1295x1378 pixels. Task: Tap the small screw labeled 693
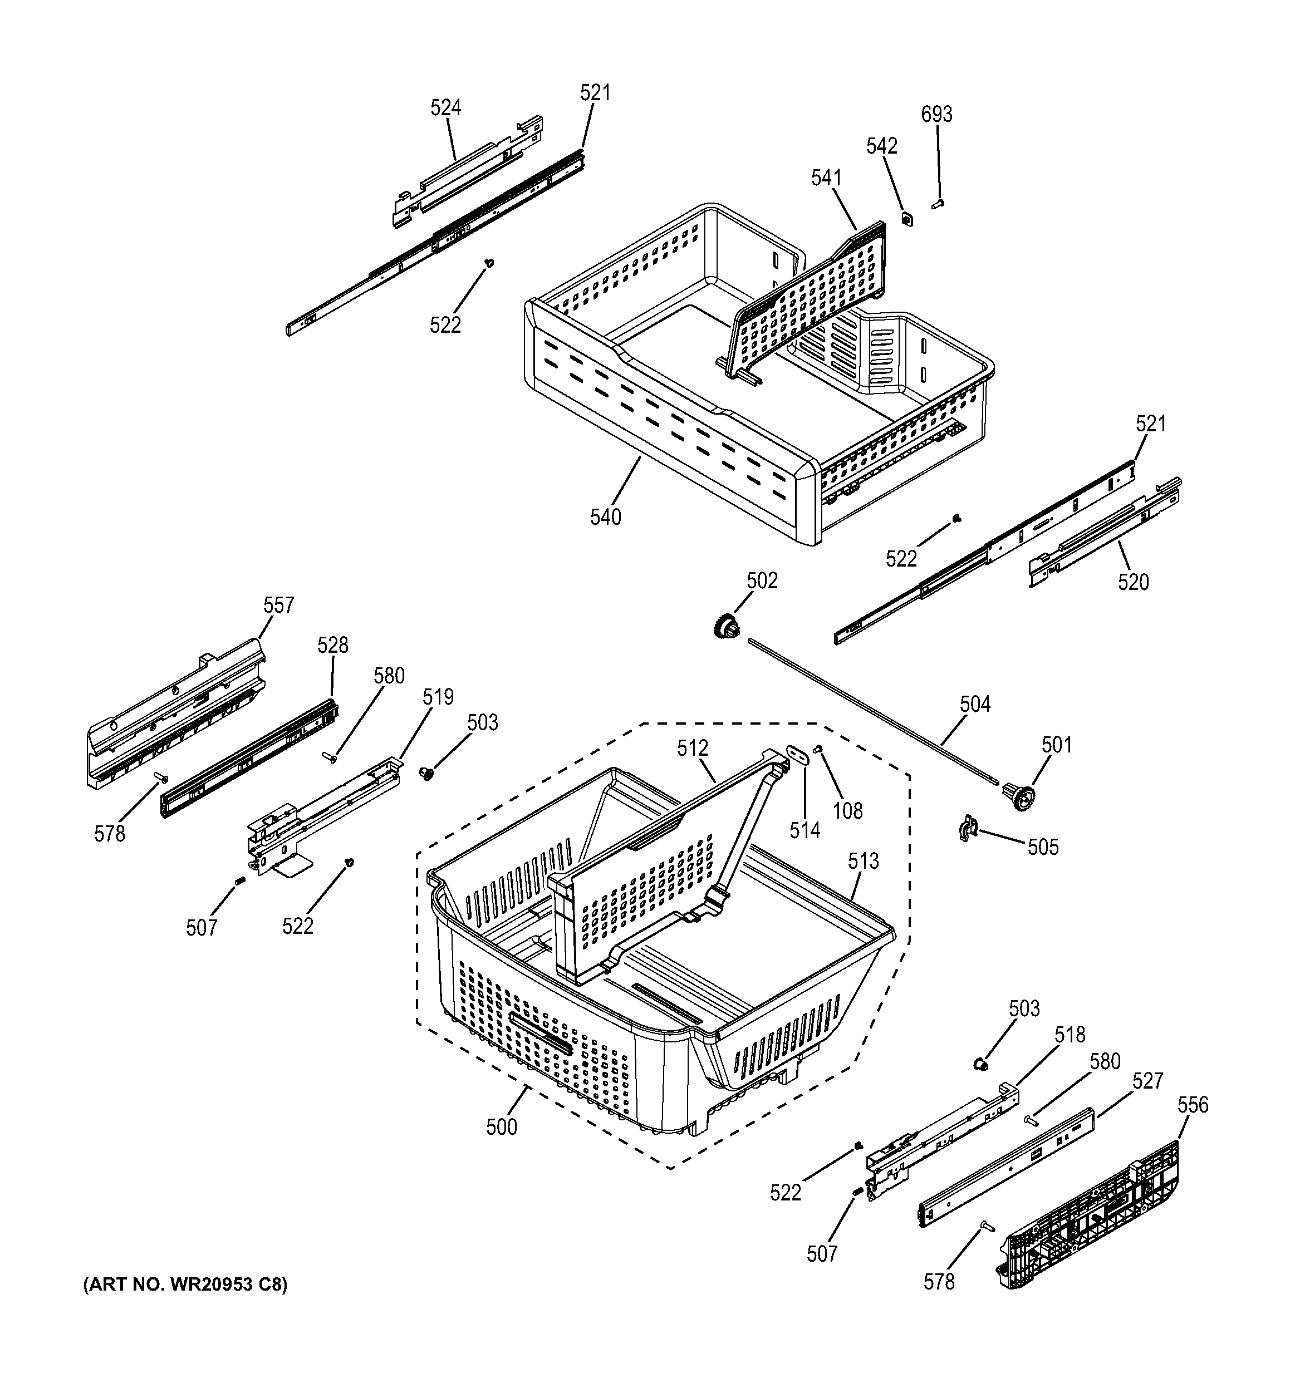[939, 204]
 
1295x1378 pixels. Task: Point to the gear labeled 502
[726, 629]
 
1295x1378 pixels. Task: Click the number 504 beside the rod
[975, 704]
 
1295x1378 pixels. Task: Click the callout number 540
[605, 517]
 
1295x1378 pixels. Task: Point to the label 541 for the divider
[826, 178]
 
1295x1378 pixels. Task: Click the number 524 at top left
[446, 107]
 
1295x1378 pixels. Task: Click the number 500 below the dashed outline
[501, 1127]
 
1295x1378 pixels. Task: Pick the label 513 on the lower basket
[863, 861]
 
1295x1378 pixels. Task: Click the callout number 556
[1193, 1105]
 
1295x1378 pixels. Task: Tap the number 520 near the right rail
[1133, 582]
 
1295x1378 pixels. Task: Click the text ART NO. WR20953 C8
[184, 1285]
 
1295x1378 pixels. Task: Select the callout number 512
[693, 748]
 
